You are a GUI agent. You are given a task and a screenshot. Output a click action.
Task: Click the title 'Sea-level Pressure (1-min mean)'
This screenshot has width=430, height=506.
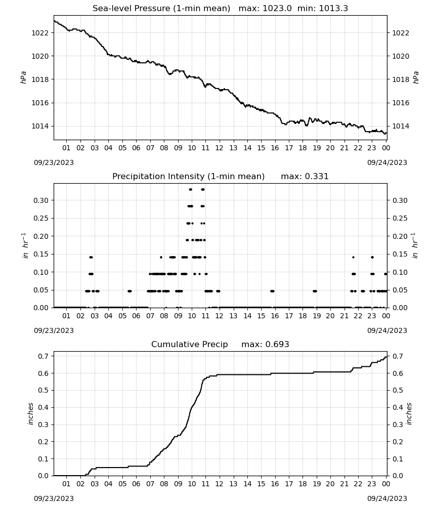[x=161, y=9]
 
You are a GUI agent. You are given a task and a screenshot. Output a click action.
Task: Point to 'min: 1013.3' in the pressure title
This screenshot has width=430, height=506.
[x=323, y=9]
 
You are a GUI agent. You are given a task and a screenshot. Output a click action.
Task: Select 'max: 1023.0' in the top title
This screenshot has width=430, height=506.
[x=265, y=9]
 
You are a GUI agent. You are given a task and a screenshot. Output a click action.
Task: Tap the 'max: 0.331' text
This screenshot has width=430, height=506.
[x=305, y=177]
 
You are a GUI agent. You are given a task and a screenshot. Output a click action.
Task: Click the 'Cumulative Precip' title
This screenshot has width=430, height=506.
[x=189, y=344]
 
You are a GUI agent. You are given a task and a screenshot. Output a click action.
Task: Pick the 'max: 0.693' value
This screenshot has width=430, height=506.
[x=265, y=344]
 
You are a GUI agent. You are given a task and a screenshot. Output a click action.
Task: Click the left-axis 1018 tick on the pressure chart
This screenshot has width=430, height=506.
[x=40, y=79]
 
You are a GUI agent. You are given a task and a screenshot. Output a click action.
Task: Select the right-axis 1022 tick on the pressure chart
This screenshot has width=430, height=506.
[x=401, y=33]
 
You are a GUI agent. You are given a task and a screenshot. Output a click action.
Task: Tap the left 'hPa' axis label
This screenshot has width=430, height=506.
[x=23, y=77]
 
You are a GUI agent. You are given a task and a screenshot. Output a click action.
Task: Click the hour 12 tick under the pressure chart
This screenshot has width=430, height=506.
[x=220, y=148]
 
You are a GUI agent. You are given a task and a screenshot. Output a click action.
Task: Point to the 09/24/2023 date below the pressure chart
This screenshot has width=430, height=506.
[x=387, y=162]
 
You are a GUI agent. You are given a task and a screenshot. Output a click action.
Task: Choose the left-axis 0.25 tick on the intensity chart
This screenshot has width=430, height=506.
[x=41, y=219]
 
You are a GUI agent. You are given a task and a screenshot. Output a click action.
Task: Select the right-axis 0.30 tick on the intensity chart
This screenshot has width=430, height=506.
[x=400, y=200]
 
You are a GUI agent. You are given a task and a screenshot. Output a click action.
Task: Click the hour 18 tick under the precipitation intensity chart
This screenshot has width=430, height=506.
[x=303, y=316]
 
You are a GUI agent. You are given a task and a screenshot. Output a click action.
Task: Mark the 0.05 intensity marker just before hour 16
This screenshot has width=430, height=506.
[x=272, y=291]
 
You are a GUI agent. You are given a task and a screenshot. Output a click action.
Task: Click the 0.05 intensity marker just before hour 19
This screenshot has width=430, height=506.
[x=315, y=291]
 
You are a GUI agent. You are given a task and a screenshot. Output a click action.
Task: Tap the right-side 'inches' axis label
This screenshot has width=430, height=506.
[x=409, y=414]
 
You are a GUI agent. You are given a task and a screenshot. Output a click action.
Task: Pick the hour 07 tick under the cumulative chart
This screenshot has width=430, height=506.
[x=150, y=484]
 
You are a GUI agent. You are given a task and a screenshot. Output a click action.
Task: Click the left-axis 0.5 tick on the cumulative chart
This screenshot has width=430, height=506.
[x=43, y=391]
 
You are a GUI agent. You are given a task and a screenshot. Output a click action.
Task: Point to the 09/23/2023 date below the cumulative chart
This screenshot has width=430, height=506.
[x=54, y=498]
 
